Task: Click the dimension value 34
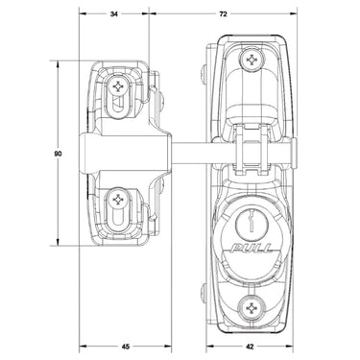point(113,14)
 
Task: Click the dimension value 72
point(223,14)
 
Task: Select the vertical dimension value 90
point(58,154)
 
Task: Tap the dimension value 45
point(126,347)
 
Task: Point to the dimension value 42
point(250,347)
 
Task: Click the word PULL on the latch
point(252,249)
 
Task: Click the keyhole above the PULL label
point(252,221)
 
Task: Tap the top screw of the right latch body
point(252,60)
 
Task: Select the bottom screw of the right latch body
point(252,308)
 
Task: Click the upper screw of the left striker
point(118,86)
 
